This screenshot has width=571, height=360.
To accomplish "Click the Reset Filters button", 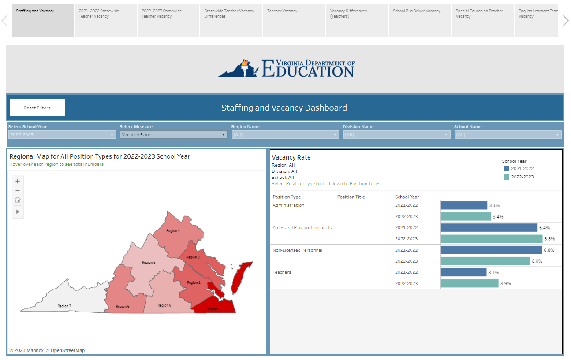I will point(37,108).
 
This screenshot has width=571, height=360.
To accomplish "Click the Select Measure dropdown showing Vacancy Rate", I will point(174,135).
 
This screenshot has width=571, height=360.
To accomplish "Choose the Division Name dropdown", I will point(397,135).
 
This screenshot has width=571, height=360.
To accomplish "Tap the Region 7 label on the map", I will point(64,306).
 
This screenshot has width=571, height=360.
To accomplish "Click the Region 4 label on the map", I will point(173,230).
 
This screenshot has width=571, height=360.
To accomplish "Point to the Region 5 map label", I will point(149,262).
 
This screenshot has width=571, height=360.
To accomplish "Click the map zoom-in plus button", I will point(18,181).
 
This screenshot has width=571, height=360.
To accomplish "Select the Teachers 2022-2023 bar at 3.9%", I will point(470,283).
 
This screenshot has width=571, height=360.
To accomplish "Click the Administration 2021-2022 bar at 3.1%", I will point(464,205).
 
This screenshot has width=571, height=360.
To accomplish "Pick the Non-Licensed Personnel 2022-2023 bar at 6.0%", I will point(485,261).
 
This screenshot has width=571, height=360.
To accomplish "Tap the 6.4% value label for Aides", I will point(544,228).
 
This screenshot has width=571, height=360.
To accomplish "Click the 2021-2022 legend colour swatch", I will point(506,169).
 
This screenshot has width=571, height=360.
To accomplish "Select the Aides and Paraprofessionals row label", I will point(302,228).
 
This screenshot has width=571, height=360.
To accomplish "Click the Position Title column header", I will point(351,197).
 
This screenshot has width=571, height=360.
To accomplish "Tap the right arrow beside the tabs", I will point(566,20).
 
